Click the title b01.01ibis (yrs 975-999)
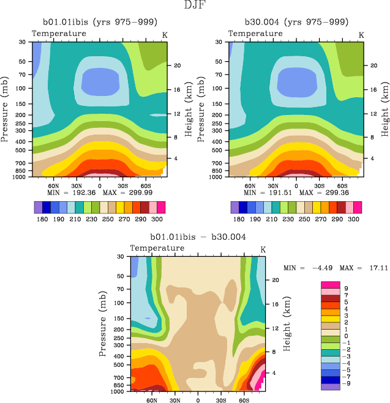click(98, 21)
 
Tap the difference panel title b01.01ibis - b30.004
click(197, 236)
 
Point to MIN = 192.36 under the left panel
click(72, 193)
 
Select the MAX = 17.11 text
click(357, 268)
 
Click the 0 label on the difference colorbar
click(346, 336)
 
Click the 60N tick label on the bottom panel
click(152, 401)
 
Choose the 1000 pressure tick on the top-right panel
click(219, 177)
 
